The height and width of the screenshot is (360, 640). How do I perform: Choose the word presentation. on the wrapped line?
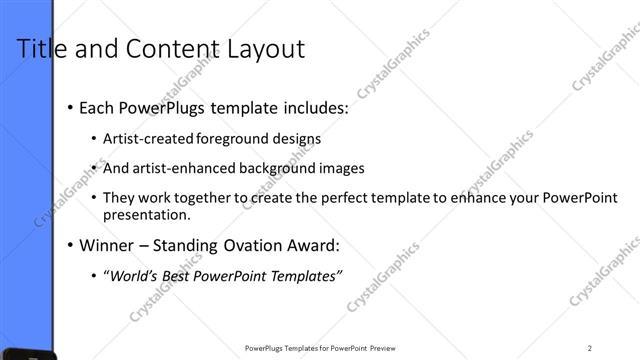[x=148, y=214]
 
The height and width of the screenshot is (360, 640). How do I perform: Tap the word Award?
[x=315, y=245]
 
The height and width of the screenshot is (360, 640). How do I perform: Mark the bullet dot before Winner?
[x=69, y=246]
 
